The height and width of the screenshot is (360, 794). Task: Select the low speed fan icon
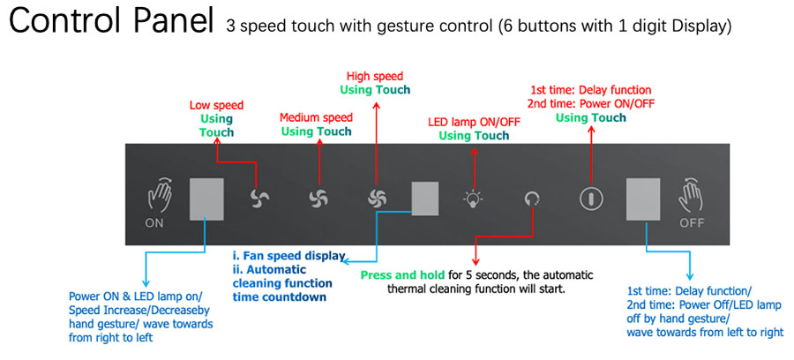(x=259, y=199)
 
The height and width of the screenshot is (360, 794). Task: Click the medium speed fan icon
(x=319, y=199)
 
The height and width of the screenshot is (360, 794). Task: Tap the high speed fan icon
(x=378, y=199)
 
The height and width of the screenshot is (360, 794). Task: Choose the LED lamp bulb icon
(x=473, y=199)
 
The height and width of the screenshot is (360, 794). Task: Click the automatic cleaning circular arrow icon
(x=532, y=199)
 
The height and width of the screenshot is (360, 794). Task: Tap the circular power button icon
(x=590, y=199)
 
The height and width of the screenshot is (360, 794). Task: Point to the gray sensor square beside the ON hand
(x=206, y=199)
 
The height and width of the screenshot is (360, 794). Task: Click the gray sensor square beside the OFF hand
(x=643, y=199)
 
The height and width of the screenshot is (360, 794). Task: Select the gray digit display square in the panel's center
(x=425, y=199)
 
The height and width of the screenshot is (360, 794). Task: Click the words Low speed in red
(x=216, y=106)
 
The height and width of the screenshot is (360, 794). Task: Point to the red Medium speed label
(x=316, y=117)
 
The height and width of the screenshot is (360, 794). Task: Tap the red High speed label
(x=375, y=77)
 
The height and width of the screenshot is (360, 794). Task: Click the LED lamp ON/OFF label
(x=474, y=122)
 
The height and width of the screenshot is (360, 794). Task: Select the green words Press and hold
(x=402, y=276)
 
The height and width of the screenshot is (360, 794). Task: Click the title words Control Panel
(x=111, y=22)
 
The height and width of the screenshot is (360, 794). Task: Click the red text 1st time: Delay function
(x=590, y=91)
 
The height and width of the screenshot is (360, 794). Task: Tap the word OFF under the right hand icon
(x=692, y=222)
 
